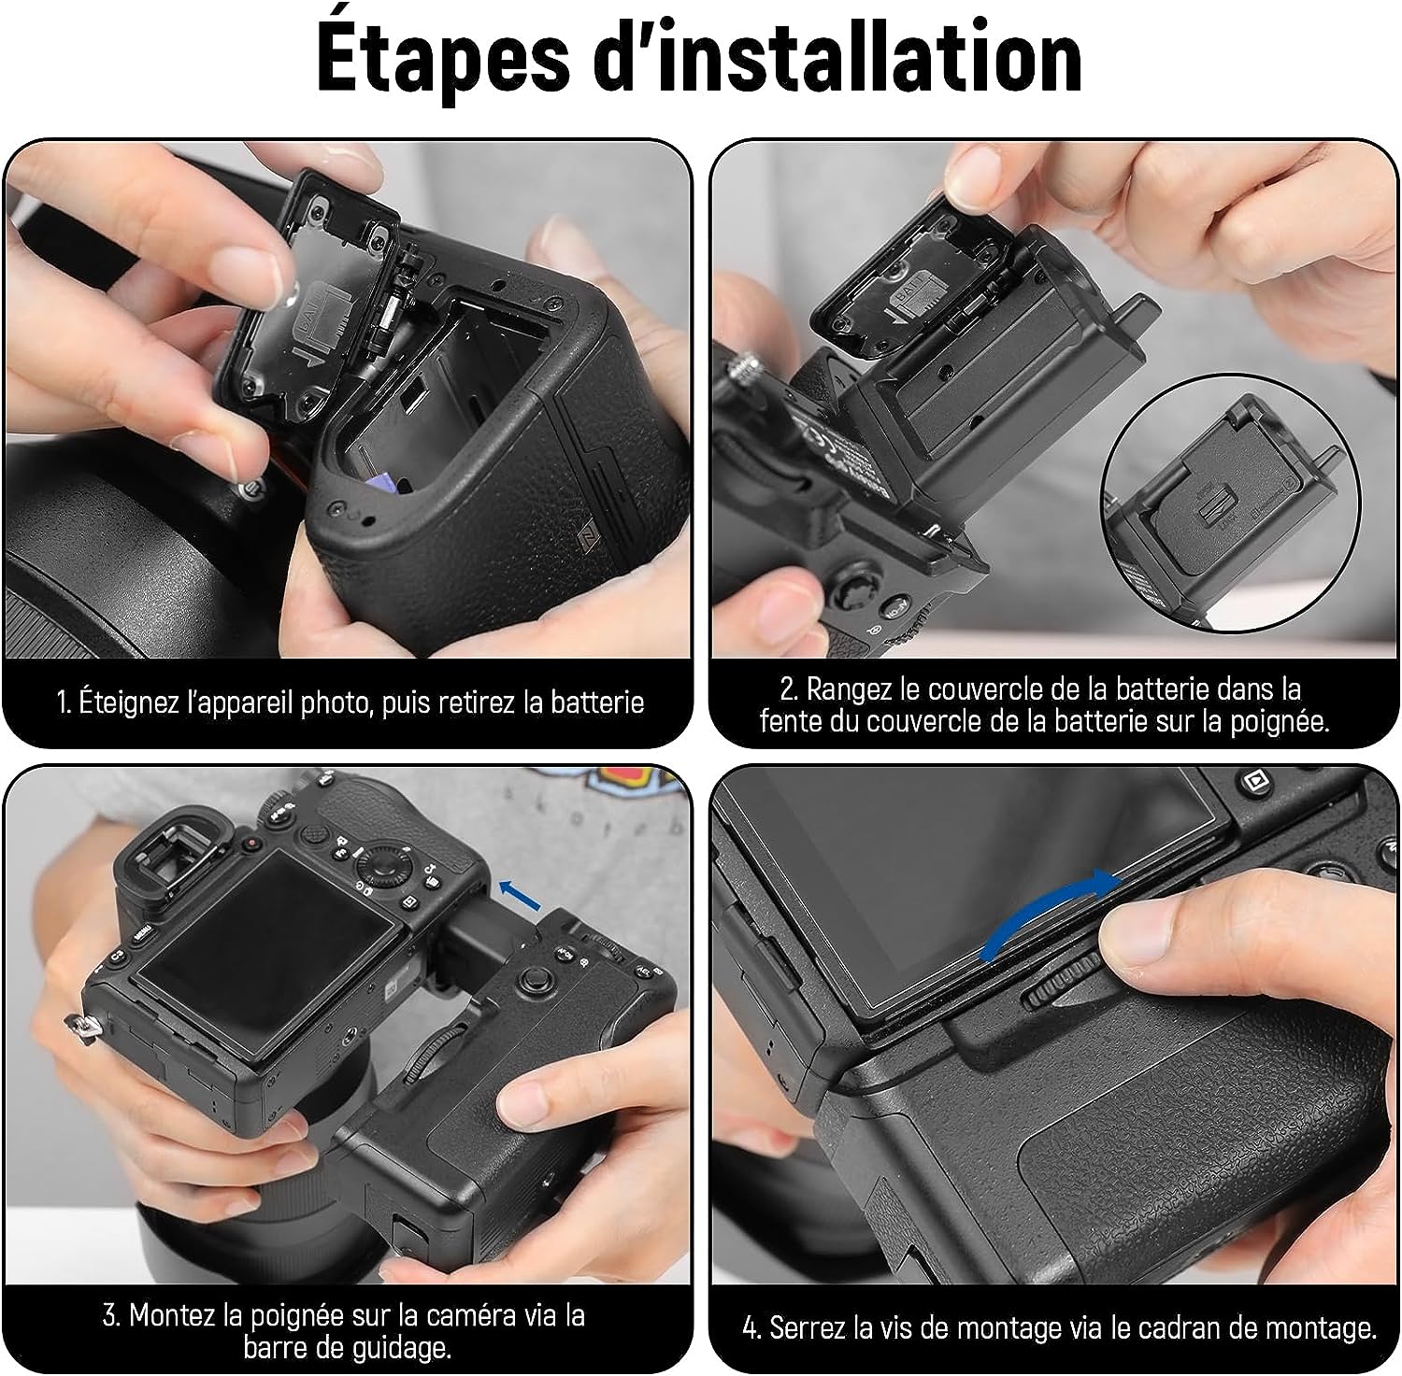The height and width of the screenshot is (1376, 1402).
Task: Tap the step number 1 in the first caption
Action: (x=63, y=702)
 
